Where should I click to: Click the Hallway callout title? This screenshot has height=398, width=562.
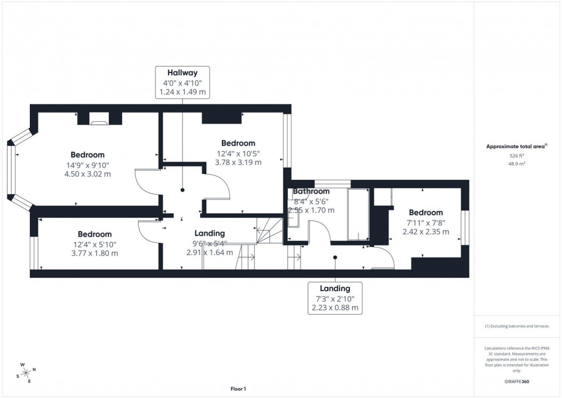point(182,73)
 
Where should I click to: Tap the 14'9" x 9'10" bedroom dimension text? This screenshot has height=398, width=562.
point(88,165)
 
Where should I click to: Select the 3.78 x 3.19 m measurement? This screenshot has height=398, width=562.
point(238,163)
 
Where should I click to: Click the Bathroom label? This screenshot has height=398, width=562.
point(311,191)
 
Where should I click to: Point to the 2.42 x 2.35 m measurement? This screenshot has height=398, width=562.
point(426,232)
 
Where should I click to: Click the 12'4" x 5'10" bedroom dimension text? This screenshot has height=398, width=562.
point(95,244)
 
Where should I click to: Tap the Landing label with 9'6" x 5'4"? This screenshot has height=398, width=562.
point(210,234)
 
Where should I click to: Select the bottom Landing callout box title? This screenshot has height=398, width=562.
point(335,288)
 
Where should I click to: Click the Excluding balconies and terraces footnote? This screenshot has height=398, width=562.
point(517,326)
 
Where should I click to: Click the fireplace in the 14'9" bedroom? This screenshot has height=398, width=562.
point(99,120)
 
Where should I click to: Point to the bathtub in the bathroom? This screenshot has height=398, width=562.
point(358,214)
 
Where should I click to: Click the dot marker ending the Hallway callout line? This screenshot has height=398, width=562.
point(182,190)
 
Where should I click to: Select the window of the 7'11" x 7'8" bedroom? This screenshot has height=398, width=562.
point(466,226)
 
